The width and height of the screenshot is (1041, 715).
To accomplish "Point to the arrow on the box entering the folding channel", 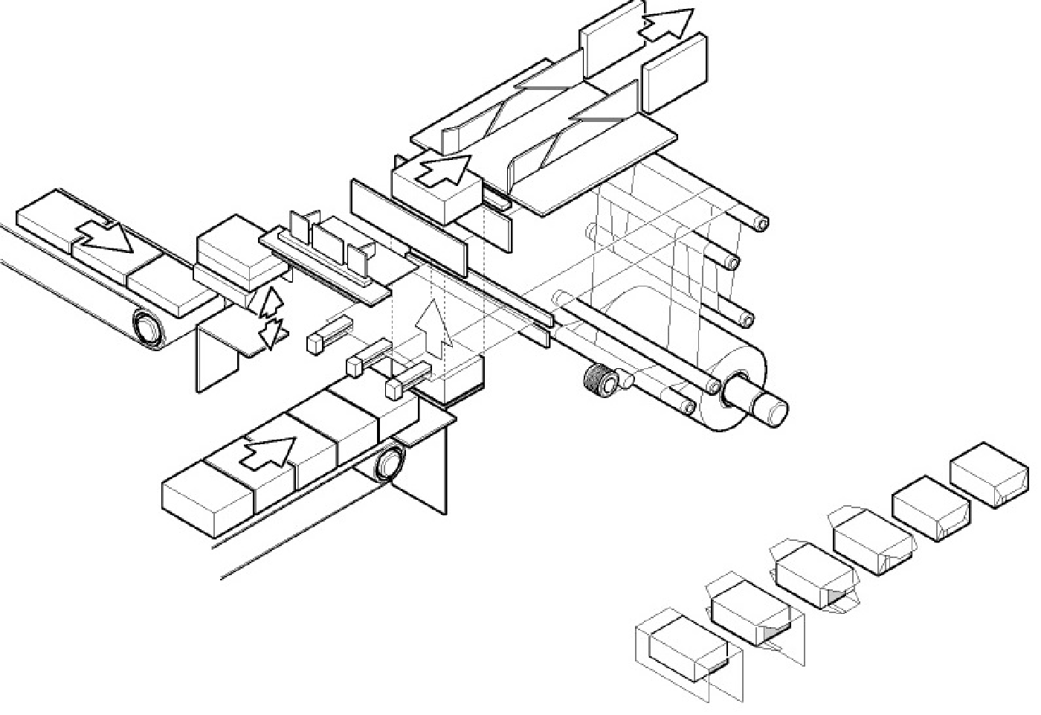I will coord(443,170).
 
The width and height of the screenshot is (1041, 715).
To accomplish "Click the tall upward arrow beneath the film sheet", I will coord(433,327).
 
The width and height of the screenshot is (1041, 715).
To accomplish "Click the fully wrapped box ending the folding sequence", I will coord(989,475).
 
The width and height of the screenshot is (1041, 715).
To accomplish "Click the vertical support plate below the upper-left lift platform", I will coord(216,357).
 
